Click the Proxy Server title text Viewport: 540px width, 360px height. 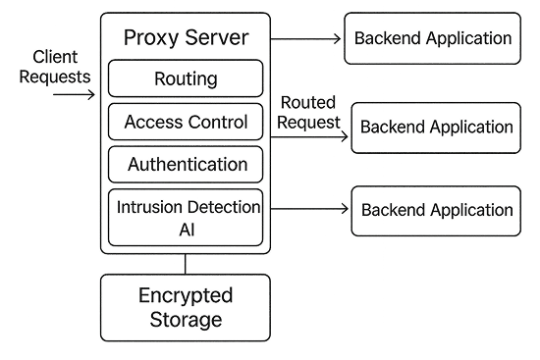(x=187, y=38)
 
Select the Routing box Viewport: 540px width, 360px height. (x=186, y=77)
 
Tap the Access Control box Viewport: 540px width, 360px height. (x=186, y=123)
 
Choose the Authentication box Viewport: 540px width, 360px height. (x=186, y=165)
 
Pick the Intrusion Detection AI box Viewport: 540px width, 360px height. (x=186, y=219)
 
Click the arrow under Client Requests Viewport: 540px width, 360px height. (x=74, y=96)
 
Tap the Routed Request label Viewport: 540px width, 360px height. (x=308, y=112)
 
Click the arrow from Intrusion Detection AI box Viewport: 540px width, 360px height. (x=308, y=209)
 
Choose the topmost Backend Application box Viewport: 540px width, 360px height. (x=432, y=39)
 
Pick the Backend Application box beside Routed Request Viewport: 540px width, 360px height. (x=435, y=128)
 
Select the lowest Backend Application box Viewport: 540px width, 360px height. (x=435, y=210)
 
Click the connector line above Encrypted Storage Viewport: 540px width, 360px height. (x=186, y=263)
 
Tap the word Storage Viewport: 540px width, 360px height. (x=187, y=320)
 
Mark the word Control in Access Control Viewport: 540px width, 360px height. (x=219, y=123)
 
